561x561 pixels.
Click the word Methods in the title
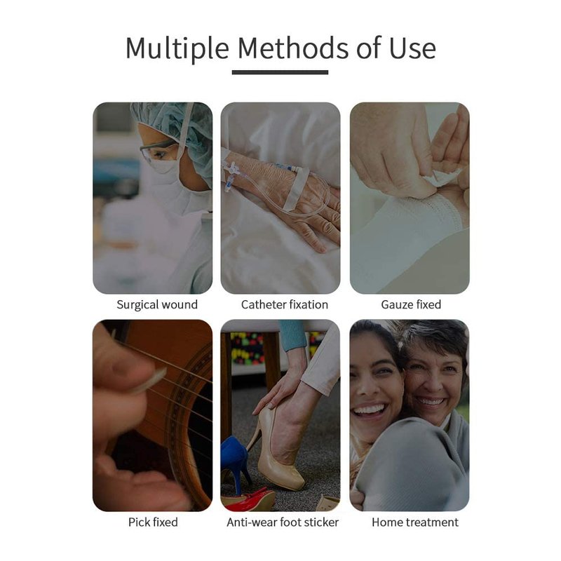[x=292, y=48]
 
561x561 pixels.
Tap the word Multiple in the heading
[x=177, y=49]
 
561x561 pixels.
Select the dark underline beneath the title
[x=280, y=72]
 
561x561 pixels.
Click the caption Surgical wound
[x=157, y=304]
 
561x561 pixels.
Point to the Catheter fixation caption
[x=285, y=304]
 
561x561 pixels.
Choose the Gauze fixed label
[x=411, y=304]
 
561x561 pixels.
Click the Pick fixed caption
[x=153, y=522]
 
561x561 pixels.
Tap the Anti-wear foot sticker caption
[x=283, y=522]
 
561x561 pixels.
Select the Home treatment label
[x=415, y=522]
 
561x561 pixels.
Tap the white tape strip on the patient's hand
[x=295, y=189]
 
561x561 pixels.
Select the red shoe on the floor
[x=248, y=499]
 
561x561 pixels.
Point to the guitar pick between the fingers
[x=149, y=381]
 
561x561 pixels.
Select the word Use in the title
[x=412, y=48]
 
